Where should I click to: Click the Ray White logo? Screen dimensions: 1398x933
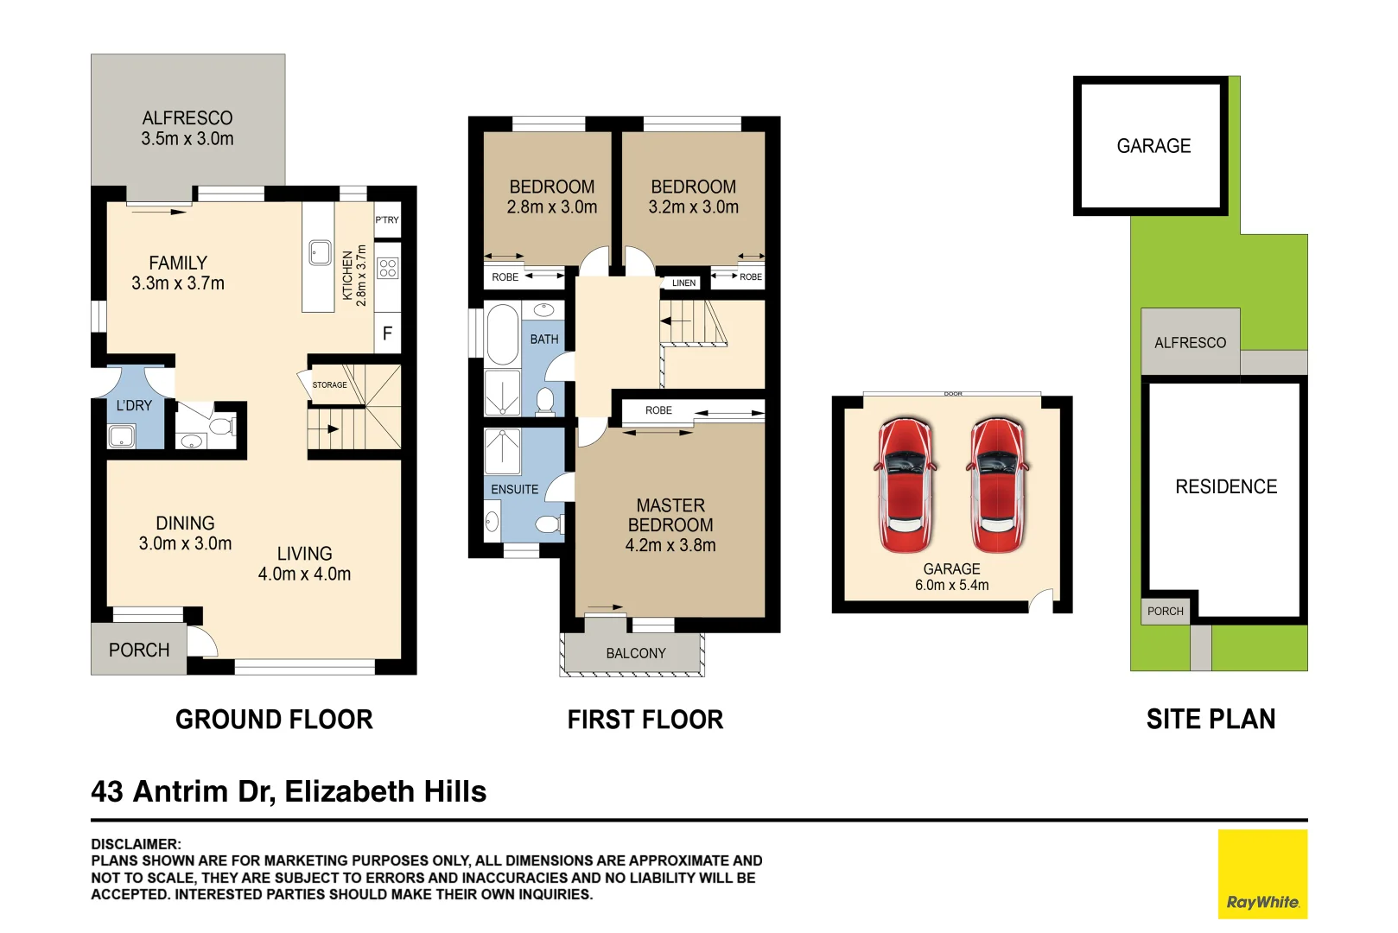tap(1262, 873)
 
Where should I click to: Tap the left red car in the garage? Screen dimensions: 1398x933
tap(905, 486)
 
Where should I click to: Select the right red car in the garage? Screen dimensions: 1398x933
tap(997, 486)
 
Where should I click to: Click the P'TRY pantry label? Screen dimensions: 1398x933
tap(387, 219)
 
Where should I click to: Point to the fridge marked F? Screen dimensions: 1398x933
tap(387, 333)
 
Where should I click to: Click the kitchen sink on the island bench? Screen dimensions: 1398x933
tap(320, 253)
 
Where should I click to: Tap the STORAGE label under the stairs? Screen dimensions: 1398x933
tap(329, 385)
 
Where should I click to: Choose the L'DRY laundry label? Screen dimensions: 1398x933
tap(134, 406)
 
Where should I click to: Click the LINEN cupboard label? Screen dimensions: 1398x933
tap(684, 282)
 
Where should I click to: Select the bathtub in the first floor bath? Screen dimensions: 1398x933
tap(502, 333)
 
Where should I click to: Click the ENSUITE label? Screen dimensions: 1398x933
tap(514, 490)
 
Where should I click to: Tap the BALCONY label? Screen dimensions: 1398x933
tap(636, 653)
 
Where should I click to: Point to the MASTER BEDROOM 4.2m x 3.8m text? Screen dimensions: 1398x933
tap(670, 525)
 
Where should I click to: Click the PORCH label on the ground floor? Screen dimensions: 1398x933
tap(139, 651)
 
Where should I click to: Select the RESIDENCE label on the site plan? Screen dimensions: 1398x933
tap(1226, 486)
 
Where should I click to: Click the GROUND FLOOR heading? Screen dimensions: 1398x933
tap(274, 720)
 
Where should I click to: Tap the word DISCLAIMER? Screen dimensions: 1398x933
tap(136, 844)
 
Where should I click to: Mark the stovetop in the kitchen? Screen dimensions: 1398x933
tap(388, 269)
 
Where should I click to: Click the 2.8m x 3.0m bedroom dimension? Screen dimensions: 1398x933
tap(552, 207)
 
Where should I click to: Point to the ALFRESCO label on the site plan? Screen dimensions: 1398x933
tap(1190, 343)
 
